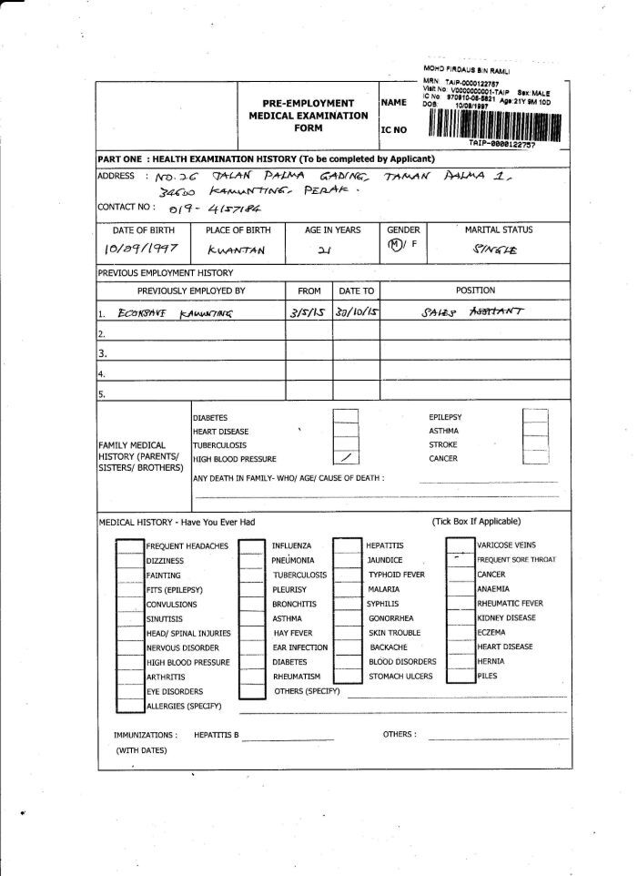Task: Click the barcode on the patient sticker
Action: coord(492,123)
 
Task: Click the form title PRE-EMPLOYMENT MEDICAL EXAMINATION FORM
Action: coord(308,116)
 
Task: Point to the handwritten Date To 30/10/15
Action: coord(356,312)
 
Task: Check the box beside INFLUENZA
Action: coord(250,545)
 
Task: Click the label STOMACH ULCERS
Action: coord(401,677)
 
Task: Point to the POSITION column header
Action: coord(476,290)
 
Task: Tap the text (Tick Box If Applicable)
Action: coord(476,522)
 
